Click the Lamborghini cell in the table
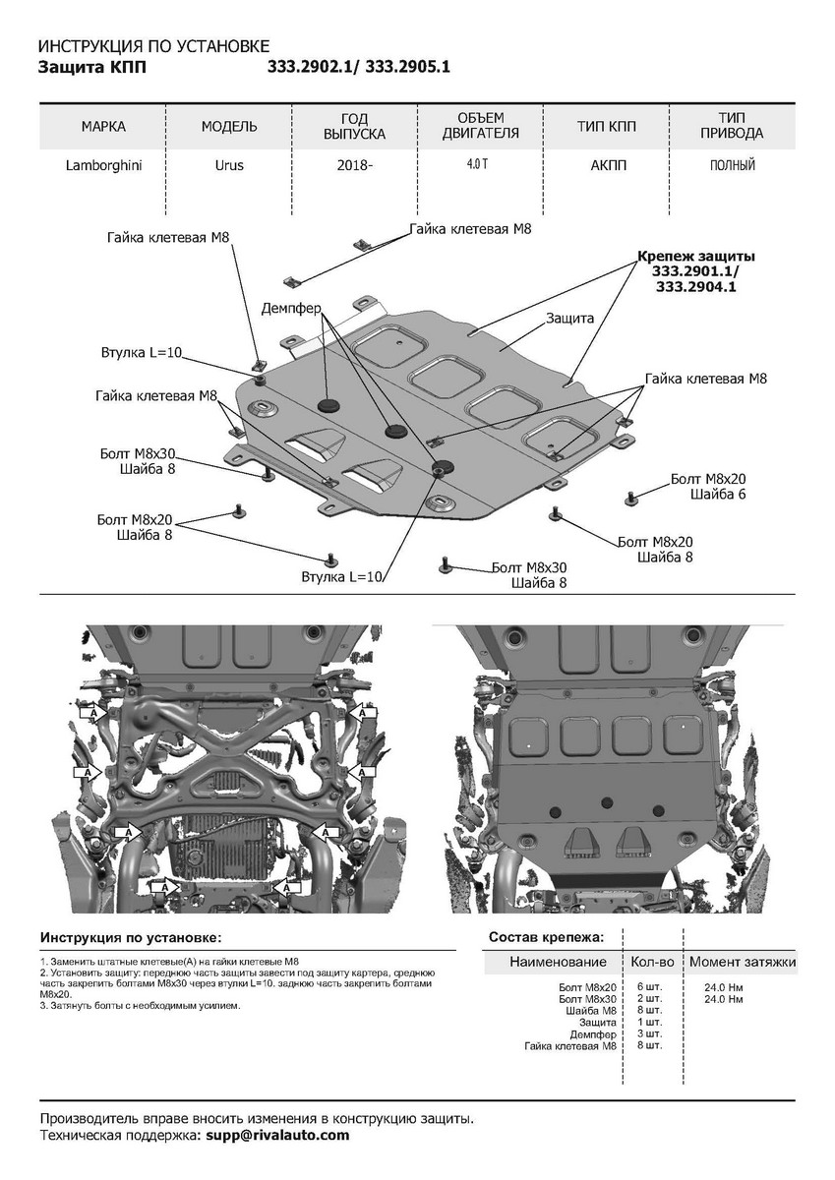[x=103, y=166]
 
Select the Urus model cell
[x=229, y=166]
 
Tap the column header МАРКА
[x=103, y=127]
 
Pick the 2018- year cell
[x=355, y=166]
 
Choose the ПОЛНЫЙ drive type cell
[x=733, y=166]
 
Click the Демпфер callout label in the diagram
[x=291, y=308]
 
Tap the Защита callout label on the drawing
[x=569, y=318]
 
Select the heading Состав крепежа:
[x=546, y=937]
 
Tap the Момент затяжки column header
[x=742, y=962]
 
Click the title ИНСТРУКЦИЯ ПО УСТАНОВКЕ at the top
[x=151, y=47]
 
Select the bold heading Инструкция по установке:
[x=131, y=937]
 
